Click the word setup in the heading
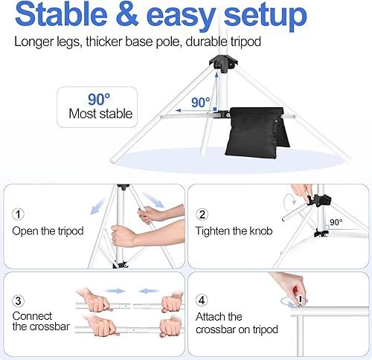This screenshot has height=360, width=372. pos(263,16)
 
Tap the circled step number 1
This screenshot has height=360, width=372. pos(18,214)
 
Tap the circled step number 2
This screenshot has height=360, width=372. pos(202,214)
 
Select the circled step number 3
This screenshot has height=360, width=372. pos(18,301)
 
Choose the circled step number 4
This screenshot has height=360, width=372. pos(202,301)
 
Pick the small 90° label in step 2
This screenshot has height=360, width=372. pos(336,222)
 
